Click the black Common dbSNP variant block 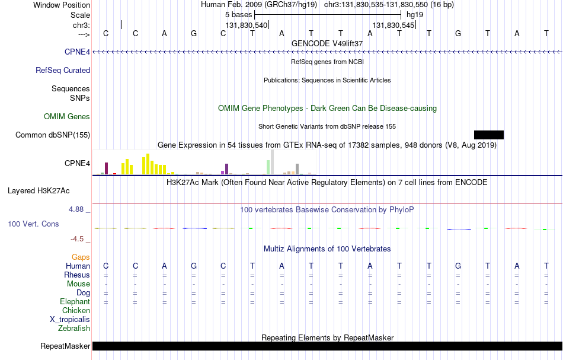point(489,135)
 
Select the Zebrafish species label point(74,328)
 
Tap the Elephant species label point(75,301)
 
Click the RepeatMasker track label point(65,346)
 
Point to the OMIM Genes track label point(67,116)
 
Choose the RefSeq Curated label point(63,71)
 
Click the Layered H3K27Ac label point(39,191)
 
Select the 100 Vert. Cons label point(33,224)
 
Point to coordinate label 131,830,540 point(247,25)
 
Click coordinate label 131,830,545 point(394,25)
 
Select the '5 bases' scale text point(239,15)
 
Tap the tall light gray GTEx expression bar point(273,162)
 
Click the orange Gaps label point(81,257)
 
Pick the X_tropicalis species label point(70,320)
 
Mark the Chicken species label point(76,310)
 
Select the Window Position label point(62,5)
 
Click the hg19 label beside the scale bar point(415,15)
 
